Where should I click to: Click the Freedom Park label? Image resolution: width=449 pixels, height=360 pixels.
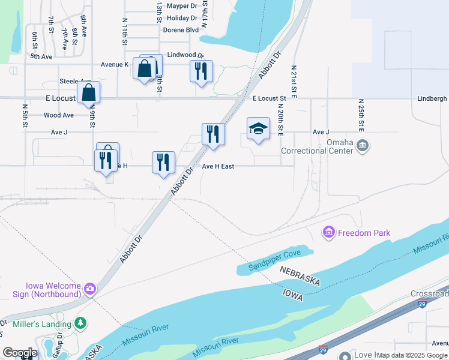click(x=364, y=233)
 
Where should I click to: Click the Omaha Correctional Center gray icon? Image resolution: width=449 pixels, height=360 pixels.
click(x=363, y=146)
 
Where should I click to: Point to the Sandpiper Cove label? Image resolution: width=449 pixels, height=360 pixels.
click(x=276, y=254)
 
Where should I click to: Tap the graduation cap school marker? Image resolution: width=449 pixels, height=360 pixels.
click(x=258, y=128)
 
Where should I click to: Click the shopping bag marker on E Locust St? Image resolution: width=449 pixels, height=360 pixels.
click(x=88, y=93)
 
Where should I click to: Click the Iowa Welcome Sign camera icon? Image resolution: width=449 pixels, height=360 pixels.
click(x=89, y=289)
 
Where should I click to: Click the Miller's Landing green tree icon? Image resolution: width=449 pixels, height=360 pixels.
click(x=80, y=324)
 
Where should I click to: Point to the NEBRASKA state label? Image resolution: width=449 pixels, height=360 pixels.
click(x=300, y=276)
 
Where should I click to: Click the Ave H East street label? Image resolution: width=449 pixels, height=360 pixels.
click(x=218, y=166)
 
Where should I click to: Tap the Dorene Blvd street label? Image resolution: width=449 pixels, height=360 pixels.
click(x=181, y=29)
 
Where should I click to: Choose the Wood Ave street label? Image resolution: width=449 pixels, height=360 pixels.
click(x=59, y=115)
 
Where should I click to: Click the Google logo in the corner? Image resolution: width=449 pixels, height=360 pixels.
click(x=19, y=353)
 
